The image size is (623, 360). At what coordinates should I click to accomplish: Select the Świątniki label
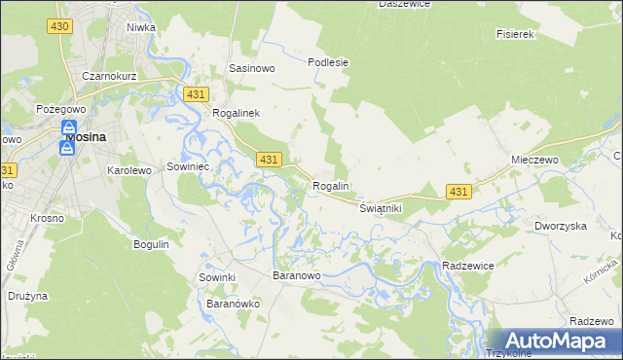[381, 208]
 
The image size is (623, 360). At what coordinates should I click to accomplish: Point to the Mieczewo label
[532, 159]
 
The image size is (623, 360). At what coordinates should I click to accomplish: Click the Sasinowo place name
[252, 69]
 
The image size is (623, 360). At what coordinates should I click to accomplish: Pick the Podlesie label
[328, 62]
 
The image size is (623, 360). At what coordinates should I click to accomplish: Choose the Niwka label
[141, 27]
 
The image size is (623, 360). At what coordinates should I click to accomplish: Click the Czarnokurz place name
[109, 76]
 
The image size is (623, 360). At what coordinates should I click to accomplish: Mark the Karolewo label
[128, 169]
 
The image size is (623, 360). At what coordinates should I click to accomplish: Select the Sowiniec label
[190, 165]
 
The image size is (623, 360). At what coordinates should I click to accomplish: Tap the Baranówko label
[233, 304]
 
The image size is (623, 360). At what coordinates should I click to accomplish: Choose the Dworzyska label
[560, 226]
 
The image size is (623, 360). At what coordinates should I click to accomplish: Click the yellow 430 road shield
[58, 24]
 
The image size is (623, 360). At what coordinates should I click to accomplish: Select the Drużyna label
[27, 295]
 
